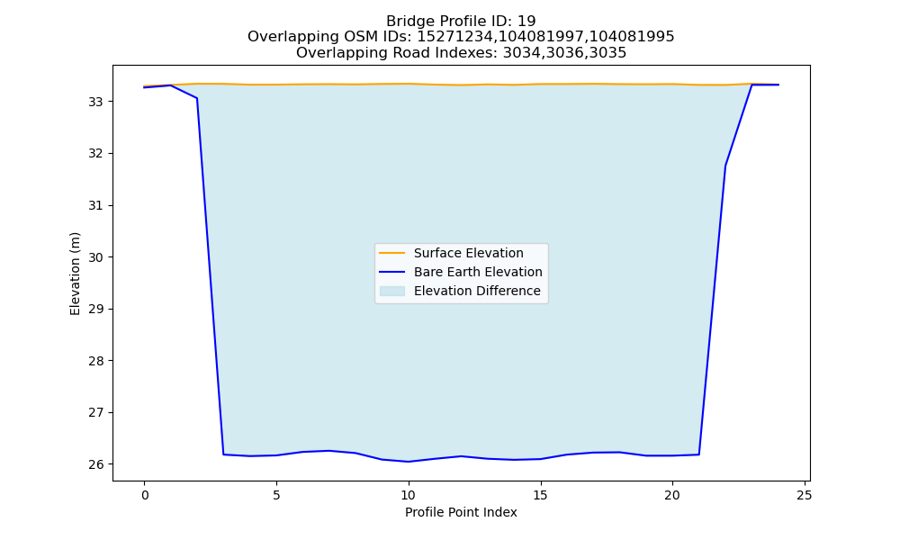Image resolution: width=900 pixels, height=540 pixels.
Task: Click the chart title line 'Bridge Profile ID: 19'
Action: [x=461, y=22]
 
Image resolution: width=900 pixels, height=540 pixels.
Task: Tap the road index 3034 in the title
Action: [x=520, y=53]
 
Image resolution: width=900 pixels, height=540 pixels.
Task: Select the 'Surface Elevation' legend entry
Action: [x=451, y=253]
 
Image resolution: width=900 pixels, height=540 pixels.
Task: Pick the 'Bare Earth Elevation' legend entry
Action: [x=460, y=272]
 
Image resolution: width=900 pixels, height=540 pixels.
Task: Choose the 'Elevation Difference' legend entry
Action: [x=460, y=291]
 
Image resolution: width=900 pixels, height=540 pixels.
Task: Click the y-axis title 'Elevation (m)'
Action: [x=75, y=274]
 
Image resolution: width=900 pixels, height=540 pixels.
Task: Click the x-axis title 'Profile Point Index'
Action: [x=461, y=512]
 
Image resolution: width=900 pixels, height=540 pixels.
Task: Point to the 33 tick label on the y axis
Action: [x=95, y=102]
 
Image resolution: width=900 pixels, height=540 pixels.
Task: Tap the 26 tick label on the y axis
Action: [x=95, y=464]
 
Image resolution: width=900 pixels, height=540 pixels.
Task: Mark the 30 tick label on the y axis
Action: [x=95, y=257]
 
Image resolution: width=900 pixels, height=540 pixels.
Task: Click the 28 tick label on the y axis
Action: [x=95, y=361]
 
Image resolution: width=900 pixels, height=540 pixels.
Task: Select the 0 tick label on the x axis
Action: [x=145, y=495]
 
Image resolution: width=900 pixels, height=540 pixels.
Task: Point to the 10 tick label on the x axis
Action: [x=408, y=495]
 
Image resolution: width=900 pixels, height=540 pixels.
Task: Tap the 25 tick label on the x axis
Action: [x=805, y=495]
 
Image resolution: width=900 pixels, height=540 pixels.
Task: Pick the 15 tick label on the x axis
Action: [x=540, y=495]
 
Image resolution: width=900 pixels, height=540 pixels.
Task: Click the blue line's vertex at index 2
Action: [x=197, y=98]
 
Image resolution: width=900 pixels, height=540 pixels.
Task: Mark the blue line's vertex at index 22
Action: [x=725, y=166]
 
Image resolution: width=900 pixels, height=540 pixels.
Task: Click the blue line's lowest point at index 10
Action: [x=408, y=462]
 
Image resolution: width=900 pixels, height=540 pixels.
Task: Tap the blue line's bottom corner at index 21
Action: [x=699, y=454]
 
